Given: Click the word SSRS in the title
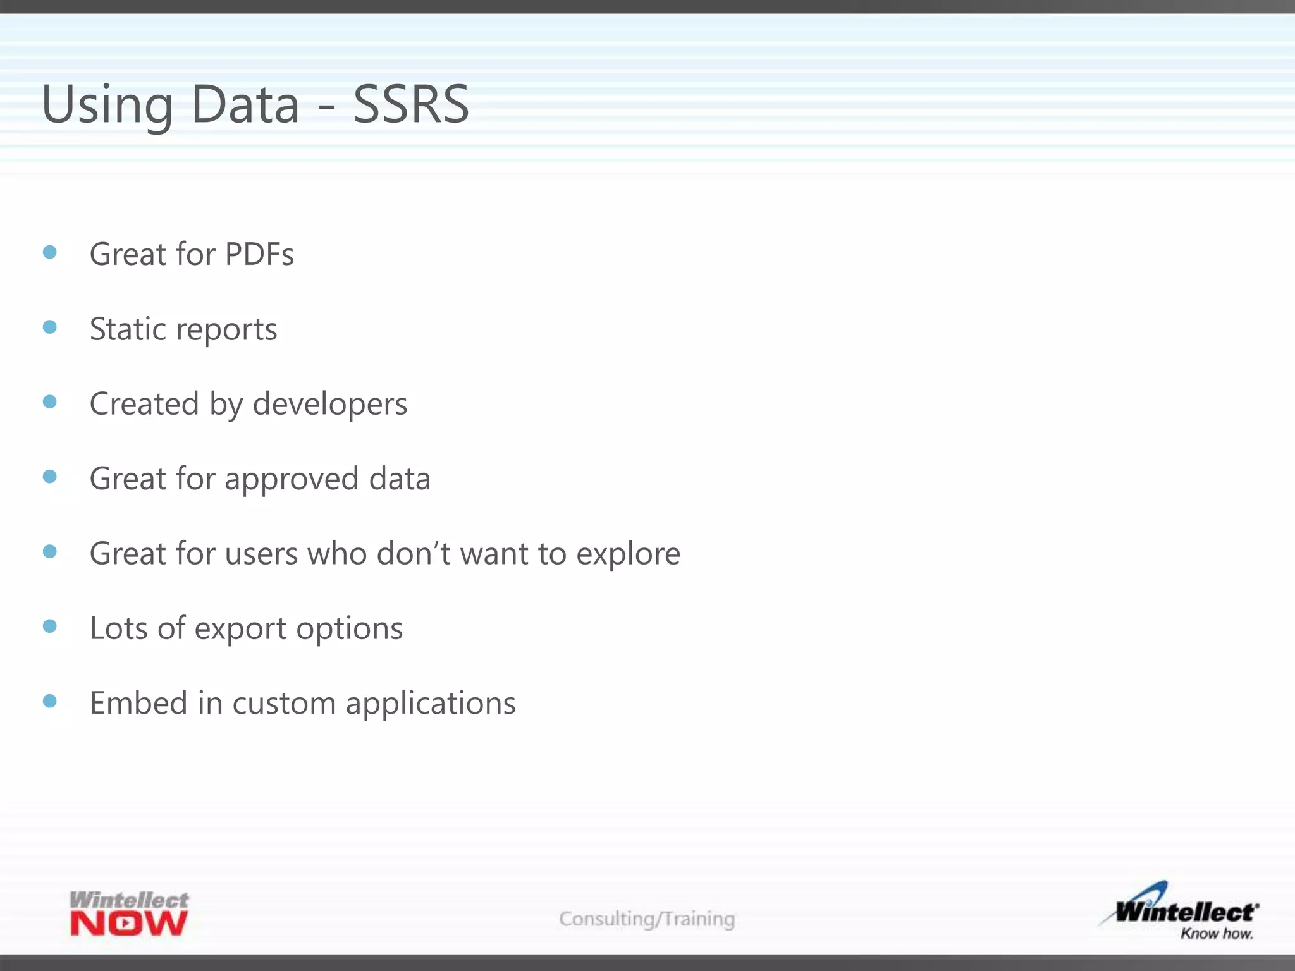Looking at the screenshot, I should click(x=411, y=104).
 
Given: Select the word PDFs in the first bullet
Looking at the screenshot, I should click(x=259, y=254).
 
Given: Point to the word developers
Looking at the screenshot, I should click(x=330, y=404).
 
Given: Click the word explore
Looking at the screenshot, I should click(x=628, y=554).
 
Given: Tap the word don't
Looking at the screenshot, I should click(x=414, y=554).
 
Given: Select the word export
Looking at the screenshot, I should click(x=240, y=628).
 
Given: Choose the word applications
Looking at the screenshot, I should click(x=431, y=704).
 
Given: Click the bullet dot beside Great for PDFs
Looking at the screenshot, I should click(x=50, y=253).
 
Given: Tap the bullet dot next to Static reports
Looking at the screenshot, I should click(x=50, y=327).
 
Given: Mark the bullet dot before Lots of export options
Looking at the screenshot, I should click(x=50, y=626).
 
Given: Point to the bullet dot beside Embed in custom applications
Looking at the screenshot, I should click(x=50, y=700).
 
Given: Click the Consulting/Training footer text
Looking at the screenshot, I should click(x=647, y=919).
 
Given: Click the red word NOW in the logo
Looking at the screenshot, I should click(x=129, y=924).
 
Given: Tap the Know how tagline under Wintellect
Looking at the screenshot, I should click(x=1217, y=934).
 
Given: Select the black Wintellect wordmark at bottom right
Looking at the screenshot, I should click(x=1186, y=912).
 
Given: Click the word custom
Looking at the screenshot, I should click(x=284, y=703).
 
